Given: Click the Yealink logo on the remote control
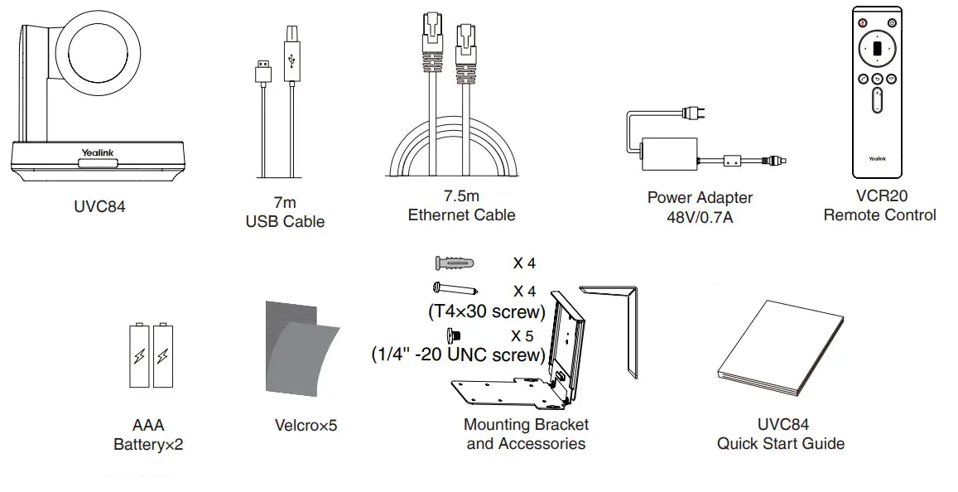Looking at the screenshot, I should (877, 157).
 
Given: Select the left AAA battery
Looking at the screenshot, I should (138, 355).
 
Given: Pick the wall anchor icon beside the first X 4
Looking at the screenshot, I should (455, 263).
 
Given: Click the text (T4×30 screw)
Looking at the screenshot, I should (485, 312).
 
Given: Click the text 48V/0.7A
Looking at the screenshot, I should (700, 216).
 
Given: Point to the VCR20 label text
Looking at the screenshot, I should (879, 196).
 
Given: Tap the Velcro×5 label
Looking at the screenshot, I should (306, 426).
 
